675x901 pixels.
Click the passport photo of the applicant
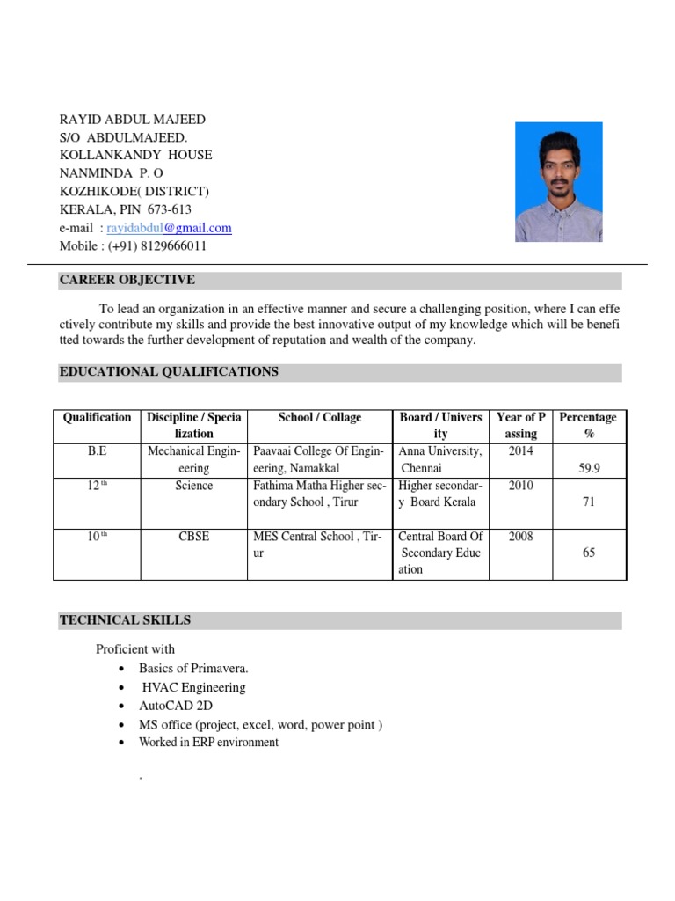[x=558, y=182]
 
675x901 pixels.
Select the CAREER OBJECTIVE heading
[x=127, y=281]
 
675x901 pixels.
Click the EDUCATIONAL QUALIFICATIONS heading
[x=169, y=372]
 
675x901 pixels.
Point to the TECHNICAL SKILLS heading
[x=125, y=620]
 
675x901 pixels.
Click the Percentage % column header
[x=588, y=425]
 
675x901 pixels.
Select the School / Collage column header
[x=320, y=417]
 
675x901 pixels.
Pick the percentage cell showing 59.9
[x=589, y=469]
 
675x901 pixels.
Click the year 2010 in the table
[x=520, y=486]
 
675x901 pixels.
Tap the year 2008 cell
[x=520, y=537]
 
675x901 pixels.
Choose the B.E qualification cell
[x=97, y=451]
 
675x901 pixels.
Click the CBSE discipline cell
[x=193, y=537]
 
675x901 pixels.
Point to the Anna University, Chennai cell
[x=440, y=460]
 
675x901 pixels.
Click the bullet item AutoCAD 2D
[x=176, y=706]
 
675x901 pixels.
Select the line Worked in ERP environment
[x=208, y=743]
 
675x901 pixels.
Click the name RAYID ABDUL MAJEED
[x=132, y=119]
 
